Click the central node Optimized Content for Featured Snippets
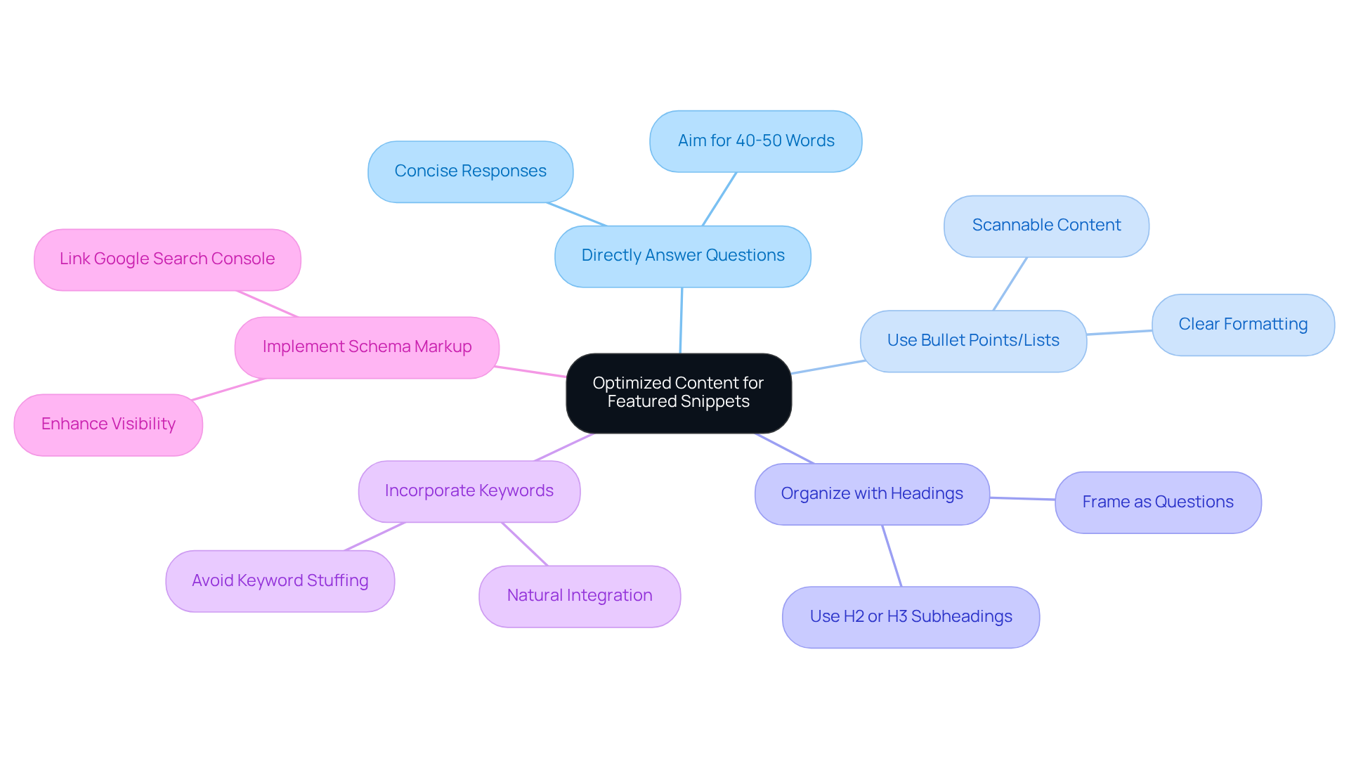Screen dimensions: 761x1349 [x=679, y=393]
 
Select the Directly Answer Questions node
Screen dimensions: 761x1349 [x=682, y=256]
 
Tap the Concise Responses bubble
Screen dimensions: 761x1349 [x=470, y=171]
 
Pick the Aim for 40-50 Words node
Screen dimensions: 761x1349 [x=755, y=141]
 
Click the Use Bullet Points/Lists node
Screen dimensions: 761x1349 [x=973, y=341]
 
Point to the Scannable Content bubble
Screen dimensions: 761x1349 [x=1046, y=226]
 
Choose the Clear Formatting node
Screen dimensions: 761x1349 [x=1242, y=325]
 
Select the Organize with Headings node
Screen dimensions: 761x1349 [x=872, y=494]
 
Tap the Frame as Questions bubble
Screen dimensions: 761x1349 [x=1158, y=502]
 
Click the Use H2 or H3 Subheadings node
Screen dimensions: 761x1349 [x=911, y=617]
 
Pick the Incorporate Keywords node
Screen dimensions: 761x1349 [x=469, y=491]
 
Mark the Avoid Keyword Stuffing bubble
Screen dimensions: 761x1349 [x=280, y=581]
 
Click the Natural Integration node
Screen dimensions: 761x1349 [x=580, y=596]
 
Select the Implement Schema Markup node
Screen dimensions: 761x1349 [x=367, y=347]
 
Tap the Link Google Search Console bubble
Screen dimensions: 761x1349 [x=167, y=259]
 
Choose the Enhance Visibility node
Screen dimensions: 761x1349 [x=108, y=424]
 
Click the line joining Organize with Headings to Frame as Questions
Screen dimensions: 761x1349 [x=1022, y=499]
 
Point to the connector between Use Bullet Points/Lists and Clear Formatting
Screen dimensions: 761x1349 [x=1119, y=332]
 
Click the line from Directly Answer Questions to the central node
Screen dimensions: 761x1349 [x=681, y=320]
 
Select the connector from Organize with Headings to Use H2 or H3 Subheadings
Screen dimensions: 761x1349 [x=892, y=556]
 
